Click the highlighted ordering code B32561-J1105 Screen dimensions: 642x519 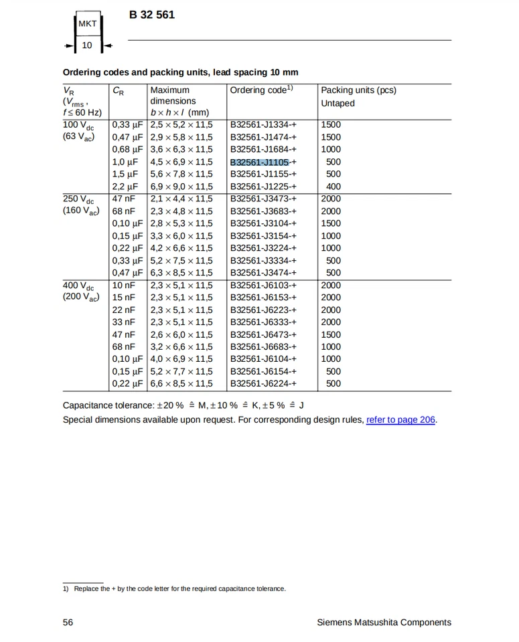tap(260, 162)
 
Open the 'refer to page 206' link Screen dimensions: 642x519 tap(400, 420)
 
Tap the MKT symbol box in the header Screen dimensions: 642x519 tap(88, 24)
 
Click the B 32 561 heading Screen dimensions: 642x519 tap(152, 15)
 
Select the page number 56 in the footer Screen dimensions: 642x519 tap(68, 623)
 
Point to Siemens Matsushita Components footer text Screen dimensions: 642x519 tap(384, 623)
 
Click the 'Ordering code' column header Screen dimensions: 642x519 tap(261, 90)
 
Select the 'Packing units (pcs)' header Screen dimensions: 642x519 tap(358, 90)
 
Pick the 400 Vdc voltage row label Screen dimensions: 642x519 tap(78, 286)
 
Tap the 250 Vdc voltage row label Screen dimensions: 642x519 tap(78, 199)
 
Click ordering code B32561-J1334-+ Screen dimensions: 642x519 tap(263, 124)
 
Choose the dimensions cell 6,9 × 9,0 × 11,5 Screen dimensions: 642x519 tap(181, 187)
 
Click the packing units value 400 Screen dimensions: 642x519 tap(333, 187)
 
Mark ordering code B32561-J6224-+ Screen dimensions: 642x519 tap(263, 384)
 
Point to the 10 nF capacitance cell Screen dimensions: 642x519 tap(123, 286)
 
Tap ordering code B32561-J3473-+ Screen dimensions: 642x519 tap(263, 199)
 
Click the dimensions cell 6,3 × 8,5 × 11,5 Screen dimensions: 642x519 tap(181, 273)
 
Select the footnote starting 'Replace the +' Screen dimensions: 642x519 tap(179, 589)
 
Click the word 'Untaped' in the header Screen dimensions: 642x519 tap(338, 104)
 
